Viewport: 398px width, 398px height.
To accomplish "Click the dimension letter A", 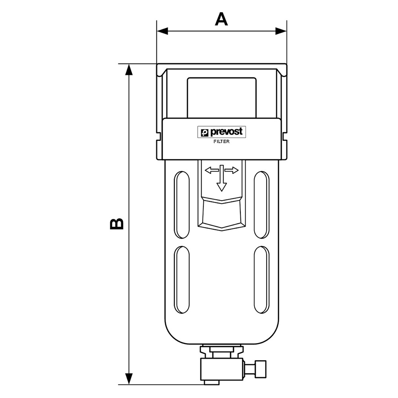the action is tap(221, 20).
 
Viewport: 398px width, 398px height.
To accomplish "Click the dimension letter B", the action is tap(117, 223).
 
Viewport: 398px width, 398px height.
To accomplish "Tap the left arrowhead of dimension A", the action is tap(162, 31).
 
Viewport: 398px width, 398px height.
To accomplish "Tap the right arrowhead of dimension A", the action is tap(281, 31).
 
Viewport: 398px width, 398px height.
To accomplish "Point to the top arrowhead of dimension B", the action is tap(129, 70).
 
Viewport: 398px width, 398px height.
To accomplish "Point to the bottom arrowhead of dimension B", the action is tap(129, 379).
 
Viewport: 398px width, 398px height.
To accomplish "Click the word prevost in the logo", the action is tap(226, 132).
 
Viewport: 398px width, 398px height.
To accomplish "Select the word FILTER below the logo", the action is tap(221, 142).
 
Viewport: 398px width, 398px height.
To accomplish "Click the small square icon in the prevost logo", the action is tap(204, 133).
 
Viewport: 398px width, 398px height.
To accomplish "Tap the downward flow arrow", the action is tap(222, 178).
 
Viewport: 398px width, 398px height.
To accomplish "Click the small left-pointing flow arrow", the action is tap(212, 170).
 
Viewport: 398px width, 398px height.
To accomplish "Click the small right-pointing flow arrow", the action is tap(232, 170).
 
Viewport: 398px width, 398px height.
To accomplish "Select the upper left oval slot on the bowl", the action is tap(182, 205).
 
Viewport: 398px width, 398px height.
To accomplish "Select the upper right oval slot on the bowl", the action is tap(262, 205).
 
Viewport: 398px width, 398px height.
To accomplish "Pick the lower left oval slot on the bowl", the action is tap(182, 280).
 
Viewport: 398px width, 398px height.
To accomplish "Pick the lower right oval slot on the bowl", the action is tap(262, 280).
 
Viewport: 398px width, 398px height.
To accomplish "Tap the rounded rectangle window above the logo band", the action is tap(222, 98).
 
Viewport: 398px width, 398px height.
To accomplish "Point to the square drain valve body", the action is tap(222, 369).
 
